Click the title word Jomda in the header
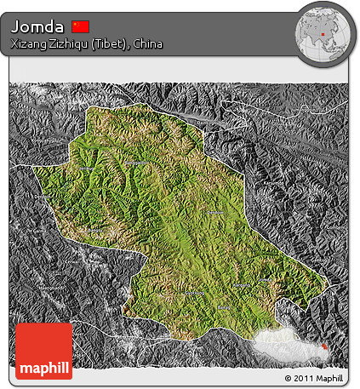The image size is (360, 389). (37, 26)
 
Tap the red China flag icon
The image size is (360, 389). (81, 26)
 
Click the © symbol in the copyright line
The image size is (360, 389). (289, 377)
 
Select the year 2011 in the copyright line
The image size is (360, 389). (302, 377)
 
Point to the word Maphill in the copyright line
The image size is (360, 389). (329, 377)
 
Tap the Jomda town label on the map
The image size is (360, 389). (216, 212)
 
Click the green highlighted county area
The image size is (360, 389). (170, 230)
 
